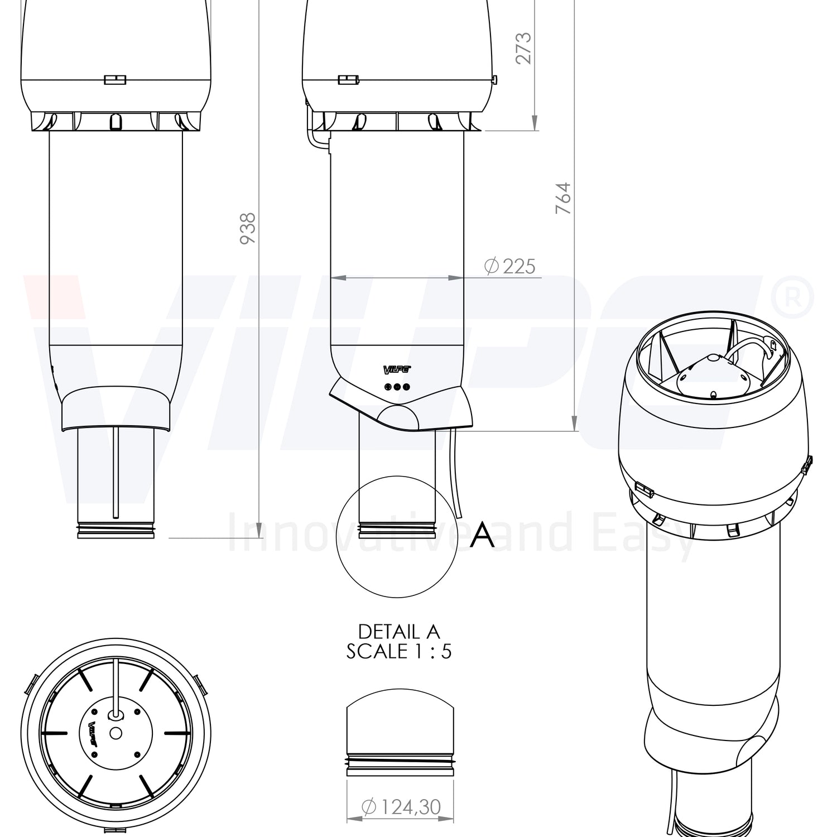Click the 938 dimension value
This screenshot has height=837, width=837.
click(247, 228)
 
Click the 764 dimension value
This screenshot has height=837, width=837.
click(564, 198)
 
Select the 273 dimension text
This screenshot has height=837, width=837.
click(523, 49)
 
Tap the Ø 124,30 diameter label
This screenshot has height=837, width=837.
click(401, 806)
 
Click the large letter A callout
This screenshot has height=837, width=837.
click(482, 535)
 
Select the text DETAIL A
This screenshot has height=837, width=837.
click(399, 632)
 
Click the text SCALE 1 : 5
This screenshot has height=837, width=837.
click(399, 651)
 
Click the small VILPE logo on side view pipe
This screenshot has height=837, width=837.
click(397, 369)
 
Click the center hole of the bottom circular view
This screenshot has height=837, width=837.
click(116, 733)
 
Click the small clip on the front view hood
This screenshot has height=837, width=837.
click(115, 80)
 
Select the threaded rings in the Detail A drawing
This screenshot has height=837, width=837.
click(400, 761)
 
